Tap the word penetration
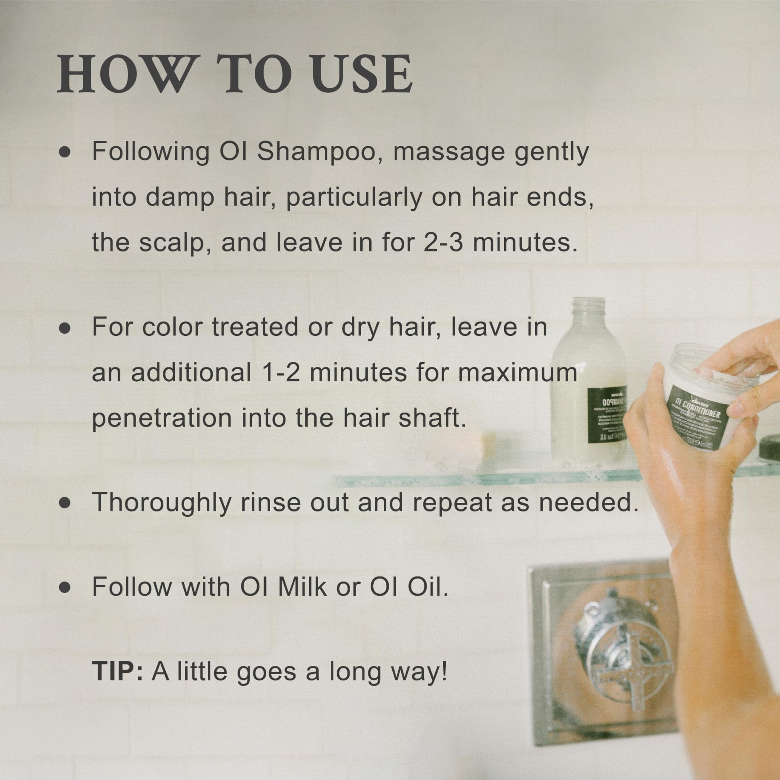(x=162, y=419)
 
